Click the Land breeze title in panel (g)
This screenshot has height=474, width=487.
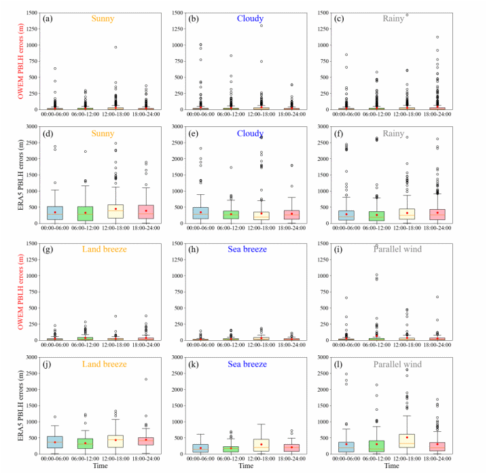point(103,249)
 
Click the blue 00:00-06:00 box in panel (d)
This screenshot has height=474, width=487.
point(55,213)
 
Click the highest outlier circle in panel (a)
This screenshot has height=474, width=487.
point(115,47)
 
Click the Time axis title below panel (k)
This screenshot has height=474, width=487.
point(242,467)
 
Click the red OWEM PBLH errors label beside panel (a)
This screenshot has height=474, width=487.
point(10,61)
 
